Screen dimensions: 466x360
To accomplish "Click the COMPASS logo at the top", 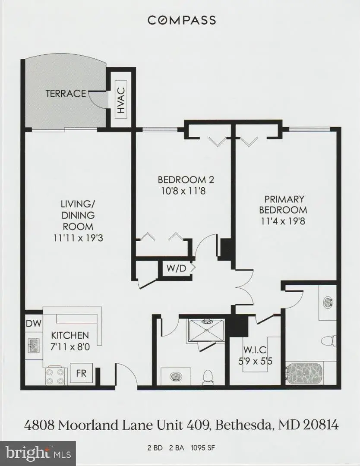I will (x=181, y=20).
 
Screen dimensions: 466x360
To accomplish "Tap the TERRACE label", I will (x=66, y=93).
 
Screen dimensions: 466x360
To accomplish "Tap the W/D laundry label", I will (x=176, y=268).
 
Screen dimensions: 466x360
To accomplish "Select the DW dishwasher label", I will (x=31, y=323).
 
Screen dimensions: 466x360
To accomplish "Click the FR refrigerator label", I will (x=81, y=373).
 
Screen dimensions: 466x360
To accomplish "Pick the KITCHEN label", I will (x=70, y=335).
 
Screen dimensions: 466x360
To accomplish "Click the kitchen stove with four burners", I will (x=55, y=375).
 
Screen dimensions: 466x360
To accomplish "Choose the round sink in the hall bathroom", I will (x=176, y=378).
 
